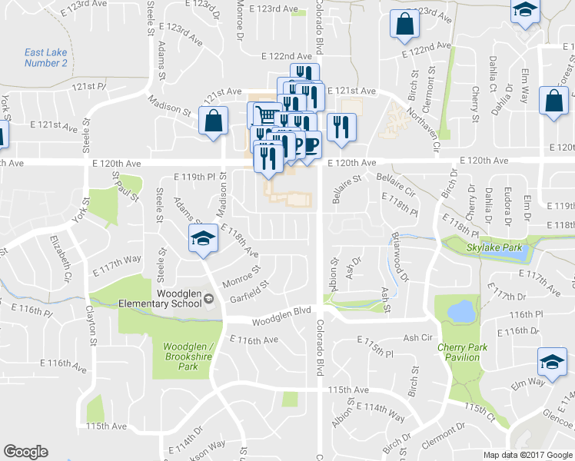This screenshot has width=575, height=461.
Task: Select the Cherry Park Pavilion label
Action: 463,352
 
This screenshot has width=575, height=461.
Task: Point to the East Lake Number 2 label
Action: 45,58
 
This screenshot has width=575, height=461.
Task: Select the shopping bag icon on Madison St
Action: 214,120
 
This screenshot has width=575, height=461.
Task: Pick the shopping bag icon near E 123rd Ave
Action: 404,24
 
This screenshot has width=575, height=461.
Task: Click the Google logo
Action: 25,452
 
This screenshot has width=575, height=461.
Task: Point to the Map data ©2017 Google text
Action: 527,455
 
